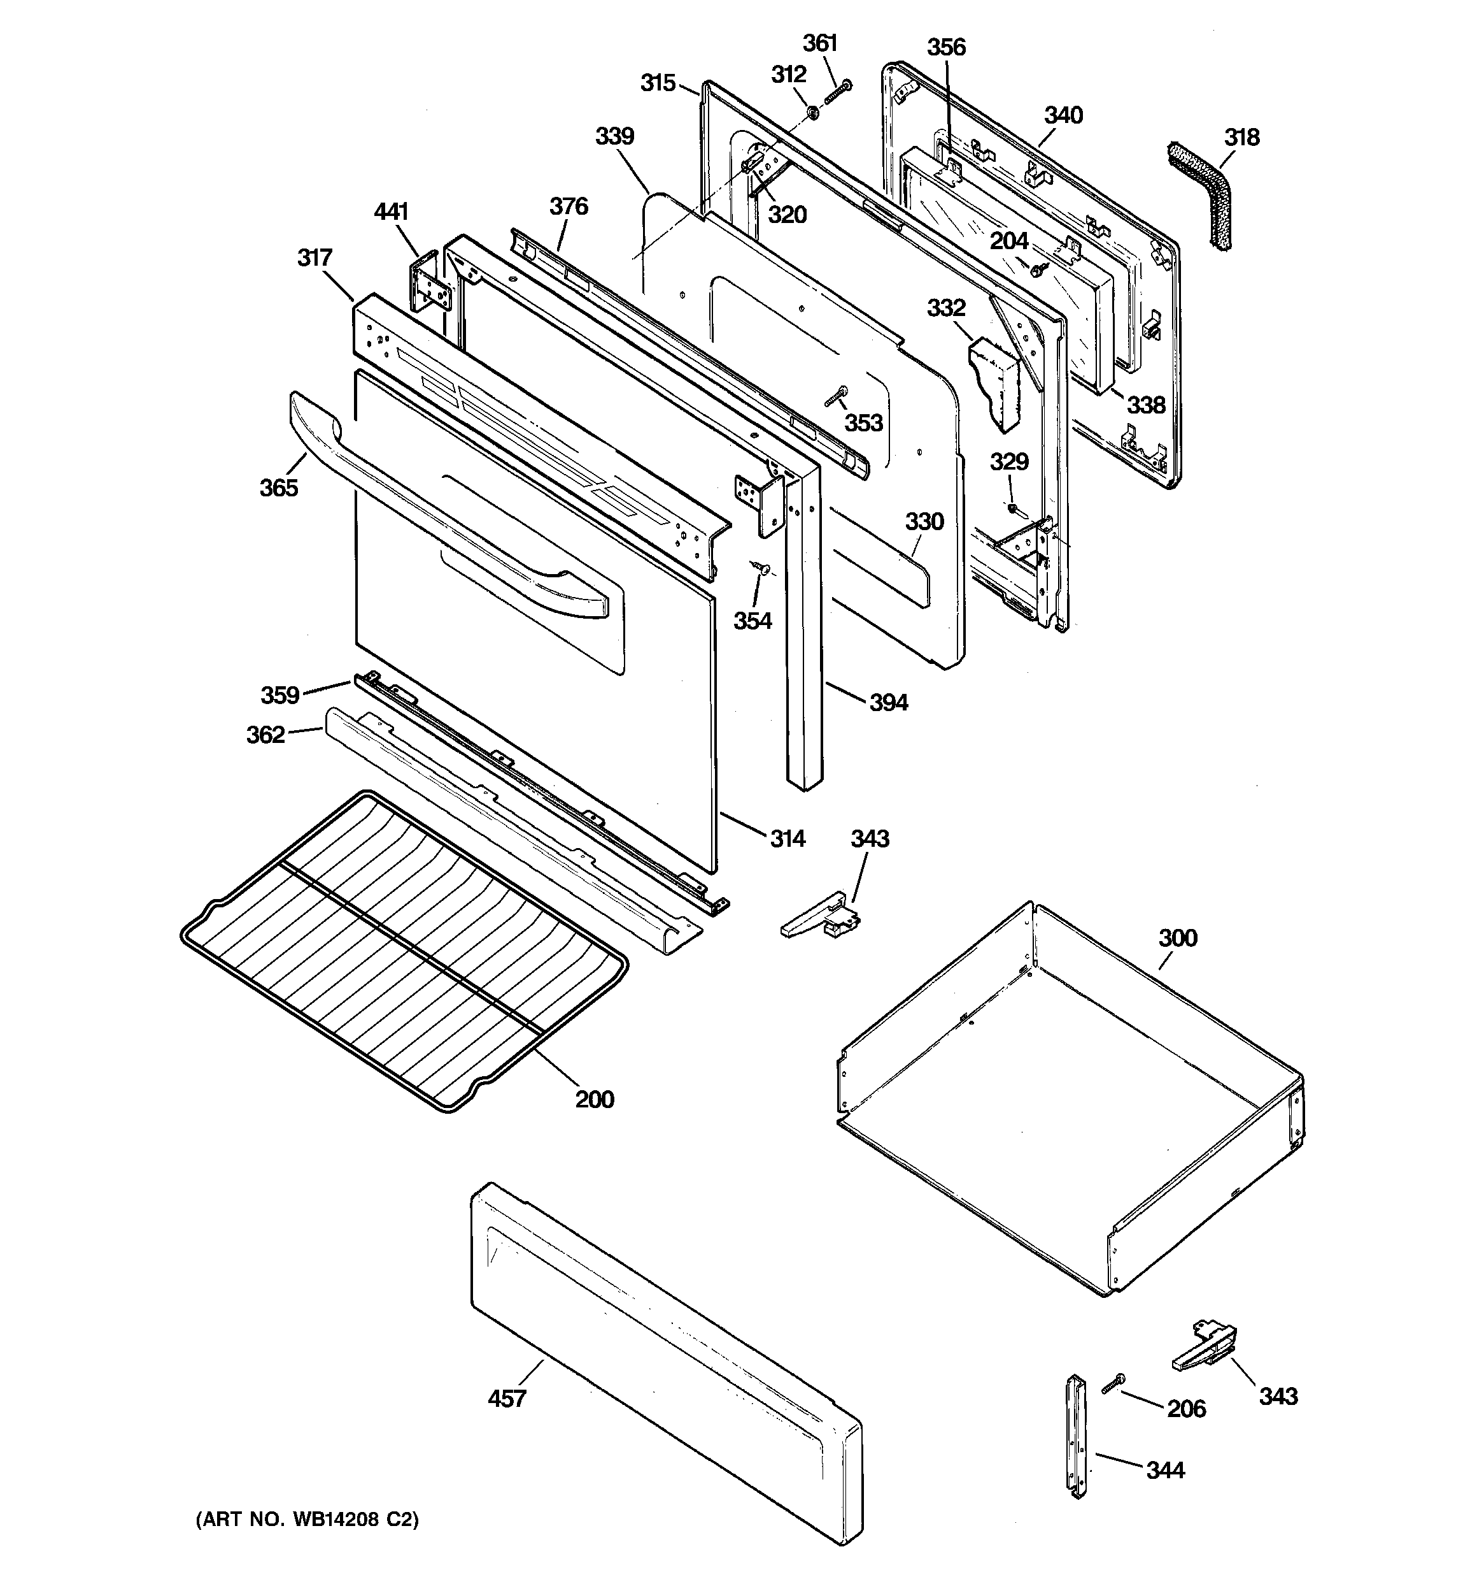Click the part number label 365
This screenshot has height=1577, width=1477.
click(x=279, y=487)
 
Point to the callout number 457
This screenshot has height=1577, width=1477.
click(x=507, y=1398)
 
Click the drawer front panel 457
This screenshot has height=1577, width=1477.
click(x=666, y=1364)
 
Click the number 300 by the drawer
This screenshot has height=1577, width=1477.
click(x=1177, y=938)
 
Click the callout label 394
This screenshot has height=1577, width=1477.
click(x=888, y=702)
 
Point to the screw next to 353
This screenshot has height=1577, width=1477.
click(x=836, y=396)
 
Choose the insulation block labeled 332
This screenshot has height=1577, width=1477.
click(x=996, y=381)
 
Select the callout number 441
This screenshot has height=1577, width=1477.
click(x=391, y=212)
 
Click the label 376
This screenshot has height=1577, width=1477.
click(x=569, y=206)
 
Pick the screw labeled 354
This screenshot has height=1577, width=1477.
click(x=762, y=567)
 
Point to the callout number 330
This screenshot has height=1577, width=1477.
click(x=924, y=521)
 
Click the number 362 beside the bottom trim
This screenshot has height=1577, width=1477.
click(x=265, y=735)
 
